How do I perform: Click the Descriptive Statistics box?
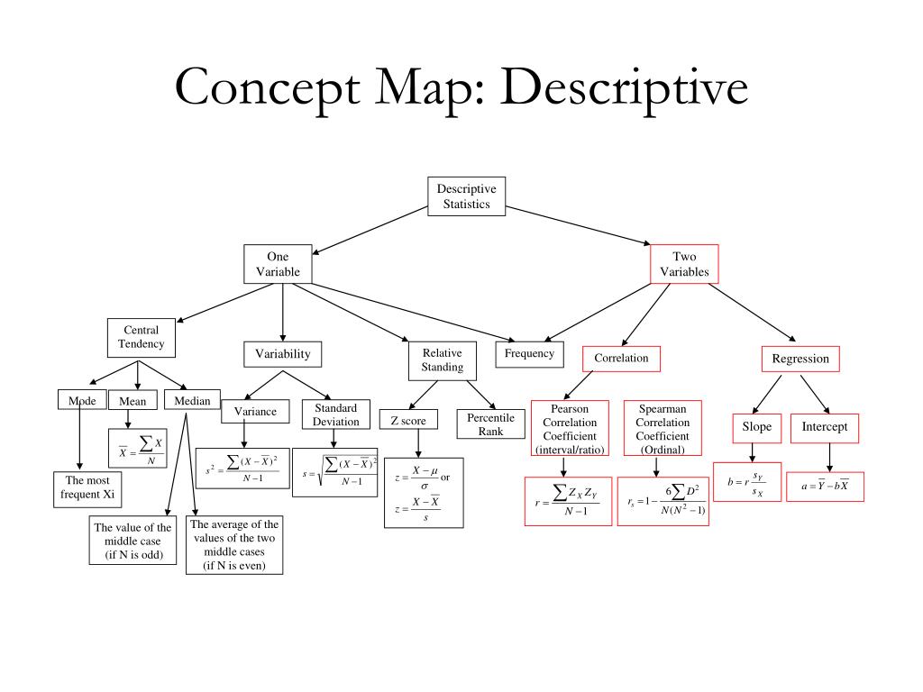[466, 197]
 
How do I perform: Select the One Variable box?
[278, 264]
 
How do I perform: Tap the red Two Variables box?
[684, 264]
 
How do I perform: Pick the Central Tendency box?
[142, 337]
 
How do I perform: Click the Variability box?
[282, 354]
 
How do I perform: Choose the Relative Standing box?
[442, 360]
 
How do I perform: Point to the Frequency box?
[529, 354]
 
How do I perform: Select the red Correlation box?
[621, 358]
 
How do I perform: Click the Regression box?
[800, 359]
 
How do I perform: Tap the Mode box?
[81, 401]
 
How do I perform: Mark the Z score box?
[408, 420]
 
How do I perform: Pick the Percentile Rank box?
[490, 424]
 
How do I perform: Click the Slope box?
[756, 427]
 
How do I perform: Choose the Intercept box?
[825, 427]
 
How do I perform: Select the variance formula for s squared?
[242, 469]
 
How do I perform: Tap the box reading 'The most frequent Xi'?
[87, 487]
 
